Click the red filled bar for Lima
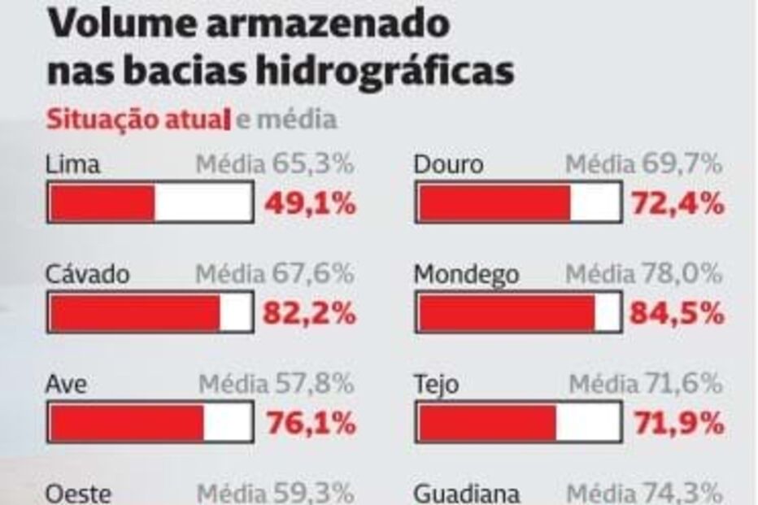(102, 202)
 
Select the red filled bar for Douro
(494, 202)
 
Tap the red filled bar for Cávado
(134, 313)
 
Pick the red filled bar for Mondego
(506, 313)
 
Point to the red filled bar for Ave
(126, 423)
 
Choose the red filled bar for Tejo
(487, 423)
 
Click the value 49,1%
(310, 203)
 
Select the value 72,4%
(677, 203)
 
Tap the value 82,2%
(310, 314)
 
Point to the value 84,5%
(677, 314)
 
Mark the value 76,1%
(310, 423)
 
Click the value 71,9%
(677, 423)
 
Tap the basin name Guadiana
(467, 494)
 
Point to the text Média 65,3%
(274, 164)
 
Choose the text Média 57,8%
(276, 383)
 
